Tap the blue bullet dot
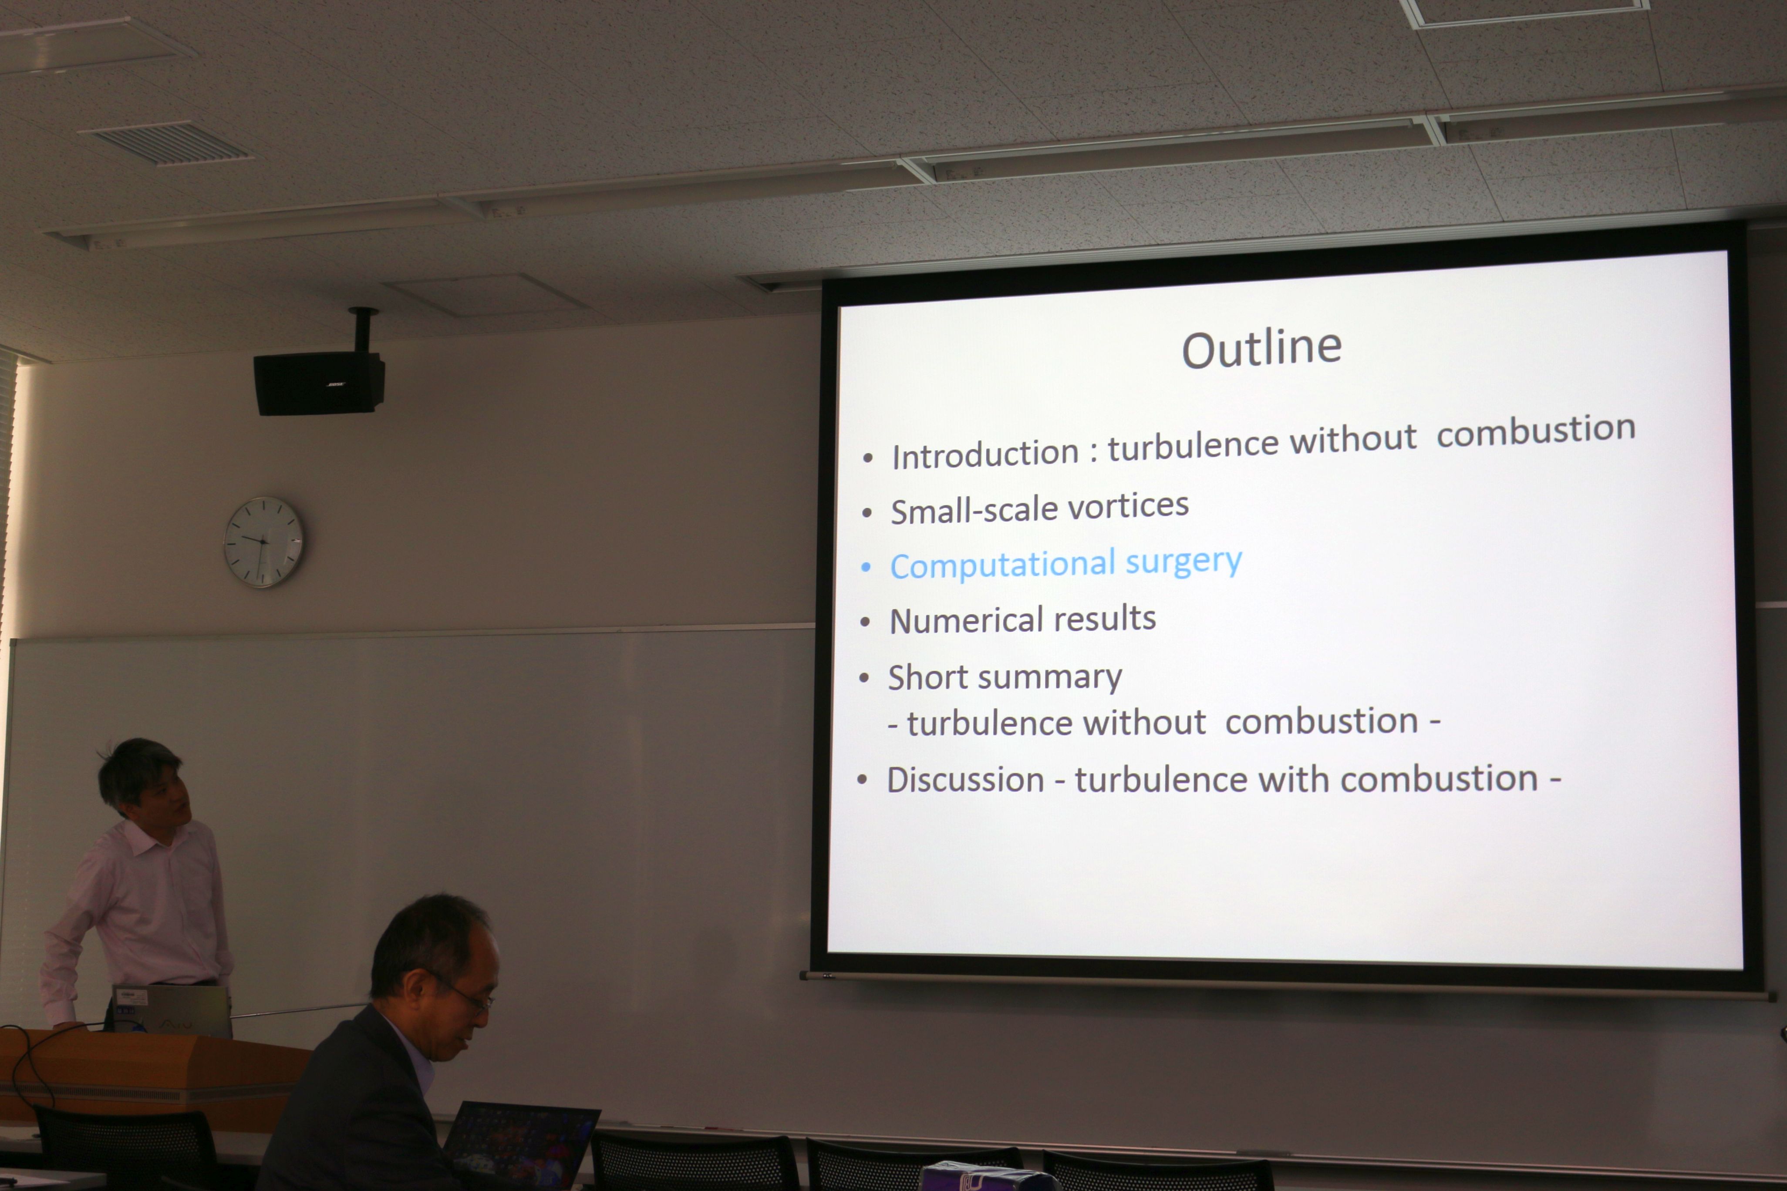click(x=865, y=567)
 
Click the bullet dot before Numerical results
click(x=865, y=622)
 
